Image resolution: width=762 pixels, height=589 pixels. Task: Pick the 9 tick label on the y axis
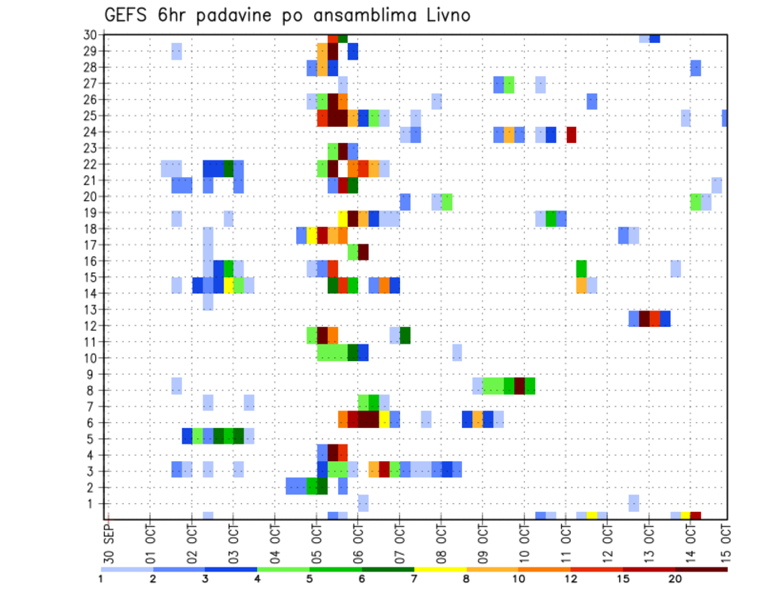tap(93, 374)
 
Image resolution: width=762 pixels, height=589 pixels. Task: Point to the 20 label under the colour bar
tap(675, 578)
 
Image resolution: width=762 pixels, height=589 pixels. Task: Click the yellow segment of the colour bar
tap(440, 568)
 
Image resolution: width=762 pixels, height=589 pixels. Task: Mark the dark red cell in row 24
tap(571, 134)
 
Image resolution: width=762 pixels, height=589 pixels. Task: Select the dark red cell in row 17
tap(364, 252)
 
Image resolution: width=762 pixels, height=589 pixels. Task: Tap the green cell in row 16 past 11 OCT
tap(581, 268)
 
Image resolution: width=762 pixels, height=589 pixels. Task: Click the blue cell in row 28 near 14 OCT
tap(695, 67)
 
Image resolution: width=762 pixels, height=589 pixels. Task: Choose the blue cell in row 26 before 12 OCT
tap(591, 101)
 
